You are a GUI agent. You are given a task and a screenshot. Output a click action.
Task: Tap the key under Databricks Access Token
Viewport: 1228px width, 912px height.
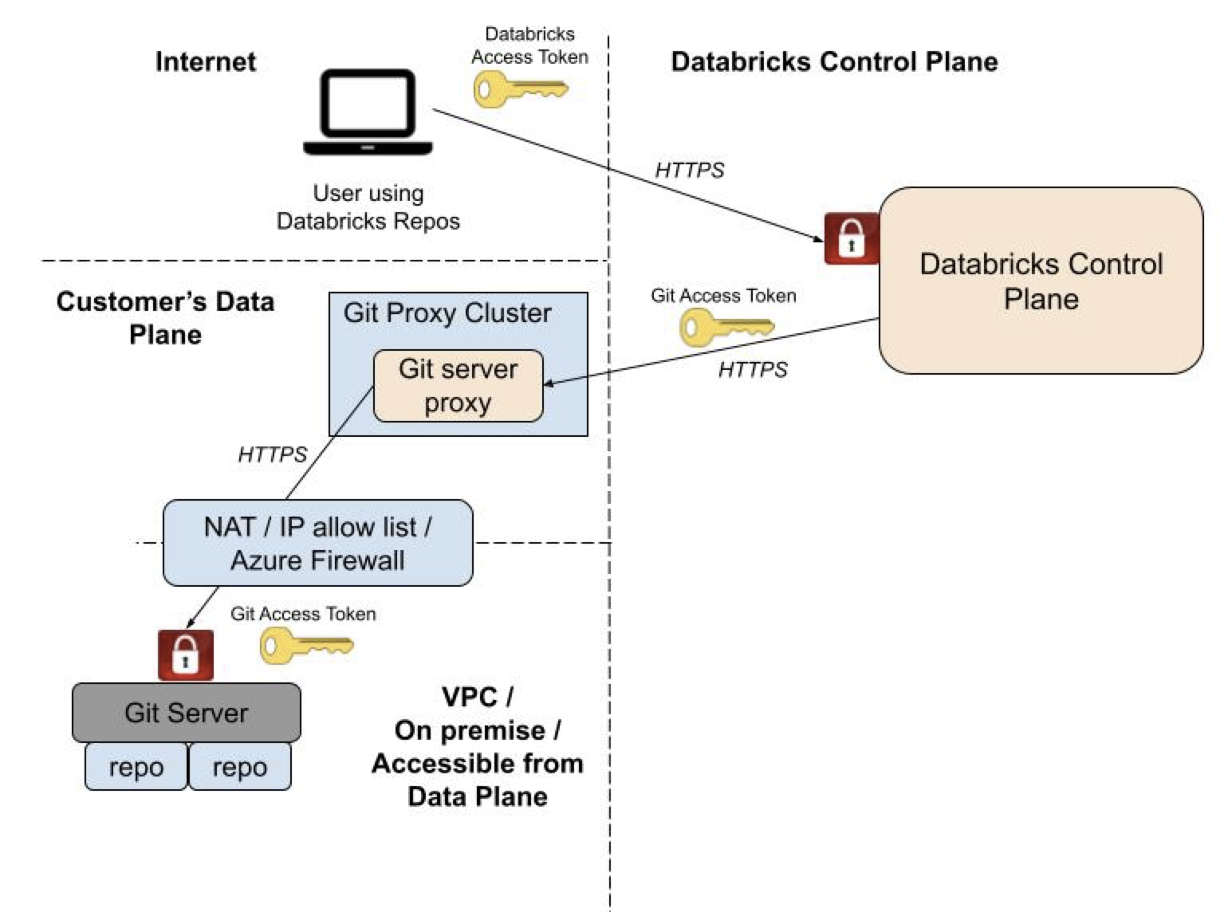point(520,88)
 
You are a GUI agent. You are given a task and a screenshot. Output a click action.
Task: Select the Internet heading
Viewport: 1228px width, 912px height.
point(206,62)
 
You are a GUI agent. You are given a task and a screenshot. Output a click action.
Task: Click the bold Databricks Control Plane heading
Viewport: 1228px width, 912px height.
point(834,62)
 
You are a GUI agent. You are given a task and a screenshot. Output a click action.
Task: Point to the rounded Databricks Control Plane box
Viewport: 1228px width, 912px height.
point(1041,281)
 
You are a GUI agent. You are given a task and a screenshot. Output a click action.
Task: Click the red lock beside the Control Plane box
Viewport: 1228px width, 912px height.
point(851,238)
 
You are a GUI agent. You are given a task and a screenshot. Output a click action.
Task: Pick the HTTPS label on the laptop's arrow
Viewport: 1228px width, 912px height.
point(690,171)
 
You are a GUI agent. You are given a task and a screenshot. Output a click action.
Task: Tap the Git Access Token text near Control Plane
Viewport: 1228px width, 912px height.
point(723,296)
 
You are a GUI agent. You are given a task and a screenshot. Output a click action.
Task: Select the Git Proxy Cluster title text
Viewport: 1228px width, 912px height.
point(447,313)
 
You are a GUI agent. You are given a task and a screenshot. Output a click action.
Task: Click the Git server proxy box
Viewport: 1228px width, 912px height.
point(459,386)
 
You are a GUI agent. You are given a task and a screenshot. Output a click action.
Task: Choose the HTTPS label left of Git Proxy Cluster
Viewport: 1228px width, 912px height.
point(272,454)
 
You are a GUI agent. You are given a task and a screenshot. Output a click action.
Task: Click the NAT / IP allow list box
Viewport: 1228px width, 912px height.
point(317,544)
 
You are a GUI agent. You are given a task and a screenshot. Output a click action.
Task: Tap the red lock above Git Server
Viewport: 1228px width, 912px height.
point(186,655)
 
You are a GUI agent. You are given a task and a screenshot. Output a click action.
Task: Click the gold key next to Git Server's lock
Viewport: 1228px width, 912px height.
point(306,645)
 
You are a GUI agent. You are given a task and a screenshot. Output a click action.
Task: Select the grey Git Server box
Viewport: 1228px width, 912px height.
point(187,713)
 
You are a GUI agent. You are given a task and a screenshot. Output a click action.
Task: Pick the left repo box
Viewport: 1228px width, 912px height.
point(136,767)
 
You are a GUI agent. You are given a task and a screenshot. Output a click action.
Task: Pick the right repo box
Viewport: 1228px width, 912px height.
point(239,767)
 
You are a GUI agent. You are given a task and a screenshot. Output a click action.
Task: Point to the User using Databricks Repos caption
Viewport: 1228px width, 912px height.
point(368,207)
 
